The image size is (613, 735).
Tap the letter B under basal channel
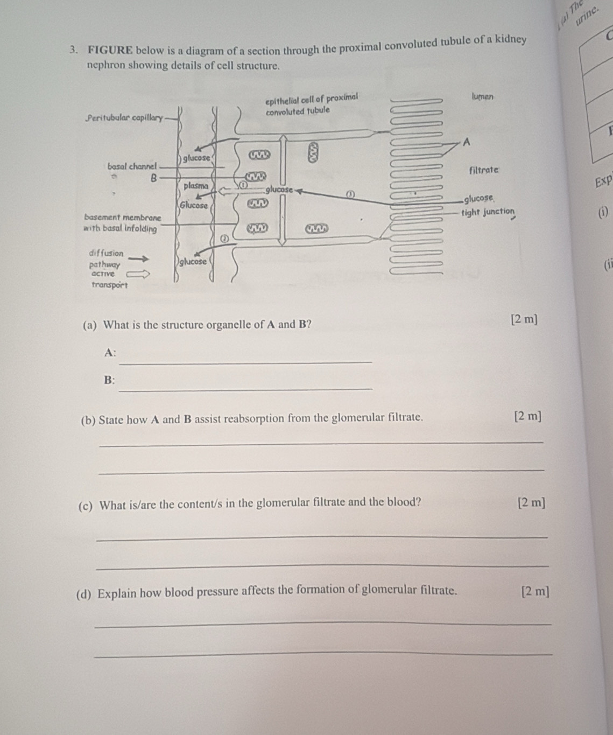point(153,177)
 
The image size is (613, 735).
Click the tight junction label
point(488,211)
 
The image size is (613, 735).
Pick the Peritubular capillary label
point(124,117)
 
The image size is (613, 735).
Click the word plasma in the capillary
point(196,186)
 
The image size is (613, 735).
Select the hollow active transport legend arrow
point(137,274)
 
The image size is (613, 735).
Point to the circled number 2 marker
point(226,237)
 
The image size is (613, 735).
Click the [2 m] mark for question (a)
point(524,319)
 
